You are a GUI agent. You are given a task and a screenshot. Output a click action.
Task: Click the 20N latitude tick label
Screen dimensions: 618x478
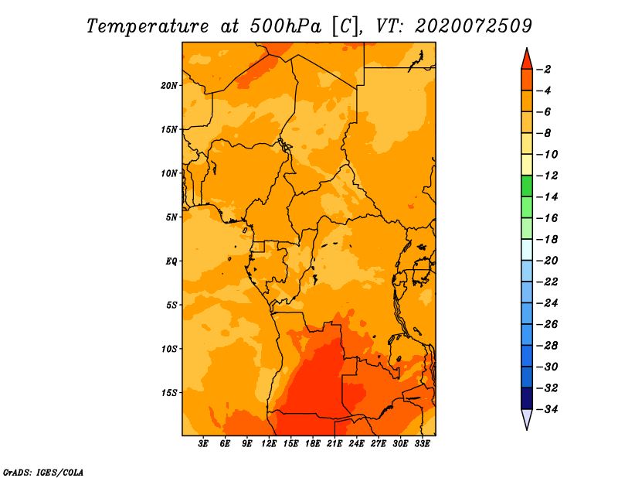tap(169, 86)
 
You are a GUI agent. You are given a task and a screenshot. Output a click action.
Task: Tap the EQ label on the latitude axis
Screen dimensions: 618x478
tap(171, 261)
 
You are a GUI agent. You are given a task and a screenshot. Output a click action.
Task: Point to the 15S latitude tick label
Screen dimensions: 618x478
tap(169, 393)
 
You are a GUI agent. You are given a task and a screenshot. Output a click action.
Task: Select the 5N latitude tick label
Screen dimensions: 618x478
tap(171, 217)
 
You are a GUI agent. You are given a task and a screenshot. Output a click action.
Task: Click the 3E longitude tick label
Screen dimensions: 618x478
tap(202, 444)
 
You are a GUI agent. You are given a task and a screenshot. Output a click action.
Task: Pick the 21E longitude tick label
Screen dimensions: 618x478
tap(334, 444)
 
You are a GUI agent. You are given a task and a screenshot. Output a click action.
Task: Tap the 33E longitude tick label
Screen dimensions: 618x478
tap(422, 444)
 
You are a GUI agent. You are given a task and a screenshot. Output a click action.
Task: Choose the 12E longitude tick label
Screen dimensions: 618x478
tap(268, 444)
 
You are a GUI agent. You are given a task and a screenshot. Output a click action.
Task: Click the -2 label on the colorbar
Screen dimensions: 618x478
tap(544, 70)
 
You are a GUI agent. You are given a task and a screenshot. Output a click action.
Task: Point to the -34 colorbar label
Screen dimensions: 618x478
tap(547, 409)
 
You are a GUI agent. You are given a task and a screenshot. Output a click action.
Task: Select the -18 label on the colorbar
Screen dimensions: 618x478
tap(547, 240)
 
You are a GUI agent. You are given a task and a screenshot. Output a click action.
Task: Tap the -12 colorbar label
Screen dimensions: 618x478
tap(547, 176)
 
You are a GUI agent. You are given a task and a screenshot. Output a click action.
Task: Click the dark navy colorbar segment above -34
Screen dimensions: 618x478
tap(527, 398)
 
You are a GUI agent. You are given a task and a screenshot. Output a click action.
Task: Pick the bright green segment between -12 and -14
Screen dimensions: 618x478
tap(527, 186)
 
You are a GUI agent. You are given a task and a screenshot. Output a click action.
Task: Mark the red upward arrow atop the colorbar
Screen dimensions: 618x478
tap(527, 59)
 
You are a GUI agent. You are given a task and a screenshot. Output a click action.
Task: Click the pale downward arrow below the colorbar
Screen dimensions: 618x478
tap(527, 419)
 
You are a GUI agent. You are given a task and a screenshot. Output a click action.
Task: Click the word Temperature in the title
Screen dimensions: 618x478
tap(148, 26)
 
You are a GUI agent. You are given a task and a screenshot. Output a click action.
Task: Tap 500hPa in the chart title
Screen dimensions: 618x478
tap(286, 26)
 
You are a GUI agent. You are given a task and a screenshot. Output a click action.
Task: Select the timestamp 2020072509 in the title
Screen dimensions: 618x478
tap(474, 26)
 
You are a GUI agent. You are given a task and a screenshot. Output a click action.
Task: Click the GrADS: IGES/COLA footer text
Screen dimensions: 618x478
tap(43, 473)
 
